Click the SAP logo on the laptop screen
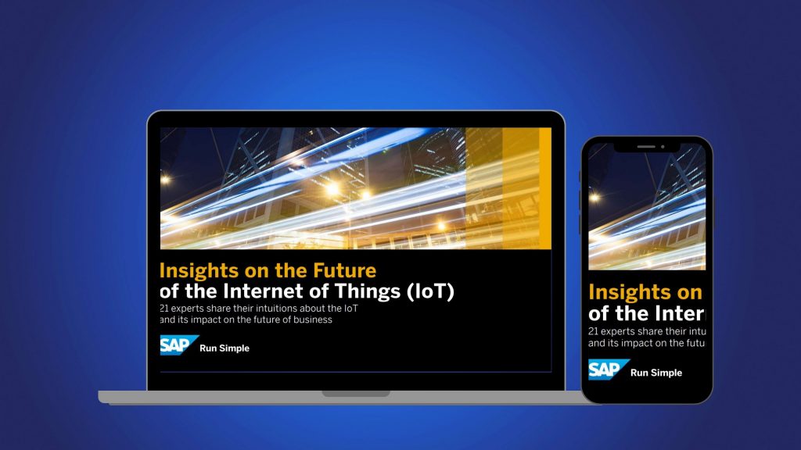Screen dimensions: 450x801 coord(179,345)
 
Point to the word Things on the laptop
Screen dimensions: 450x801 coord(368,292)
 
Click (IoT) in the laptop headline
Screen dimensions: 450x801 coord(428,292)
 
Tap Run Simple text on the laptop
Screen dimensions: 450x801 coord(224,348)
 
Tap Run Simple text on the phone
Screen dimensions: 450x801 coord(656,373)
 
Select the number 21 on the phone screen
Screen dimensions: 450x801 coord(594,331)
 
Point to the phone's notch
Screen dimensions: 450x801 coord(646,147)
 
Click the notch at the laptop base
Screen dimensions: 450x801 coord(356,394)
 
